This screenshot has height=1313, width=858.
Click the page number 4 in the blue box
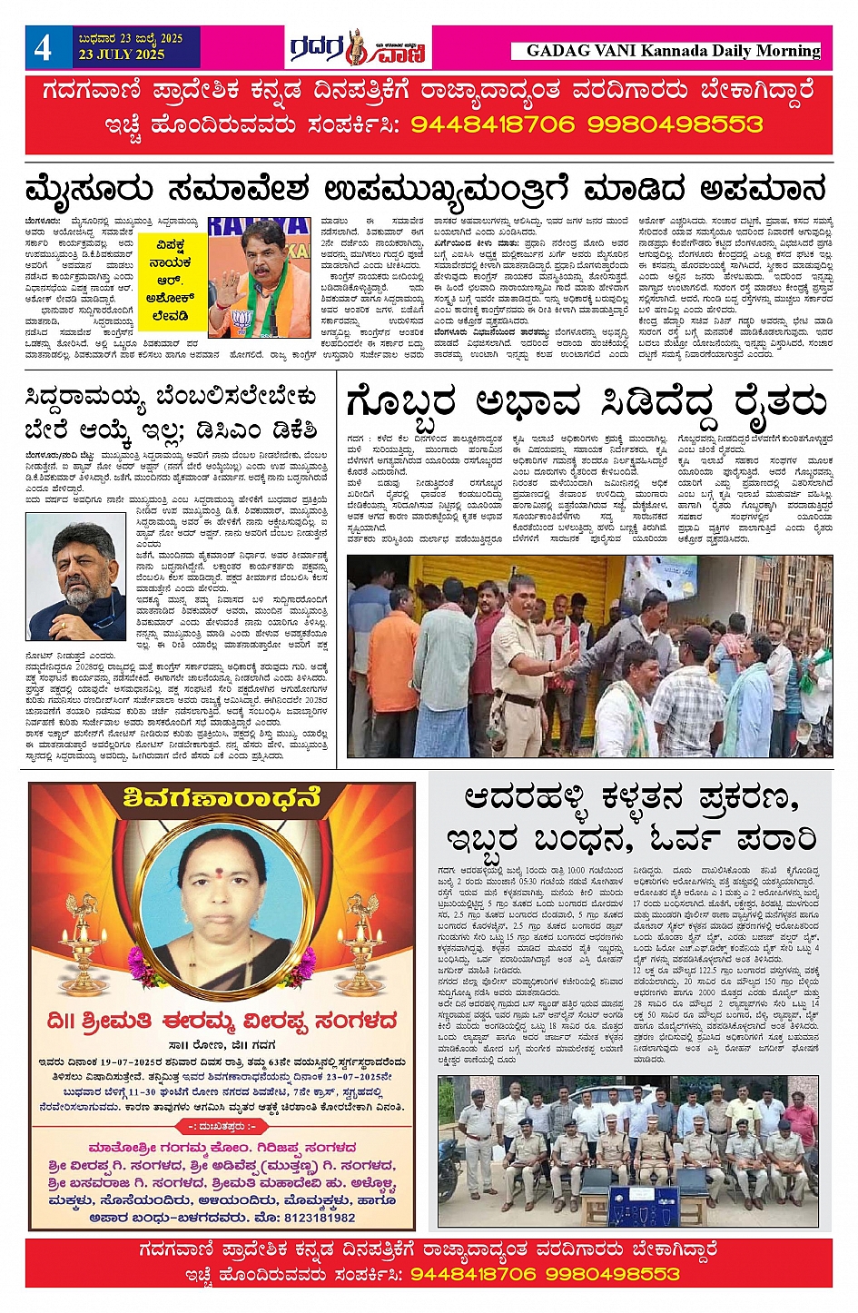(x=44, y=47)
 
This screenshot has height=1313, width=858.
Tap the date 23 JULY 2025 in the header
(x=122, y=54)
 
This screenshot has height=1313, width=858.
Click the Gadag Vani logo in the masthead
(x=358, y=47)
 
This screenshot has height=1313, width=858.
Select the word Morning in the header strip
(x=785, y=51)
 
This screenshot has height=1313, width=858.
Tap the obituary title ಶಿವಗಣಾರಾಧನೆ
(x=222, y=798)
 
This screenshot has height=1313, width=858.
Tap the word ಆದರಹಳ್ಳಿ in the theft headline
(x=528, y=799)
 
